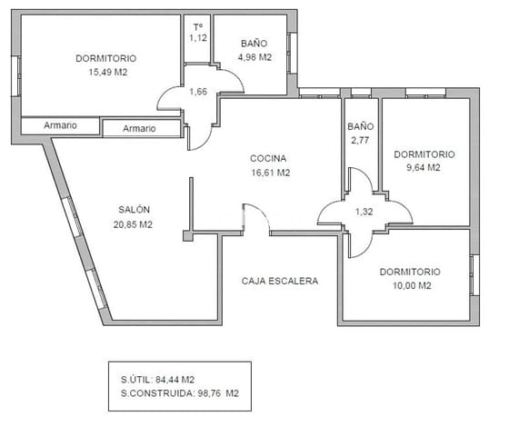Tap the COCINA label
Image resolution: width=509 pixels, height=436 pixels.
click(270, 158)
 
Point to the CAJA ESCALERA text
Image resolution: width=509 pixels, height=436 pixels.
click(280, 281)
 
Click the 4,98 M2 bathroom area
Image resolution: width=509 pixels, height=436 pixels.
click(254, 57)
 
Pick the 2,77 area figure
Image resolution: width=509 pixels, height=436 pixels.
click(361, 142)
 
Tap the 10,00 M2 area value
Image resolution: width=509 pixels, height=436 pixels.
click(410, 285)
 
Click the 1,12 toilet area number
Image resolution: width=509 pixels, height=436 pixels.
click(198, 38)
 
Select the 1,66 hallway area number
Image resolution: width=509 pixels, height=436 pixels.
click(198, 92)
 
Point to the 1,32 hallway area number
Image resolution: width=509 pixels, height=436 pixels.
click(364, 212)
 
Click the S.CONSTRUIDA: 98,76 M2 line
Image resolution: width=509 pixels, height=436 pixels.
click(179, 393)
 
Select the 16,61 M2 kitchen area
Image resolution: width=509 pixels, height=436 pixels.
click(270, 172)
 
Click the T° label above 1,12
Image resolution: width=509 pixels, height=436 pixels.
click(197, 25)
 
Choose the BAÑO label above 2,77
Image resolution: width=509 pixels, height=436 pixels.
click(361, 127)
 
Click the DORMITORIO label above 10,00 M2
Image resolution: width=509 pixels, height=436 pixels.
click(410, 272)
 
